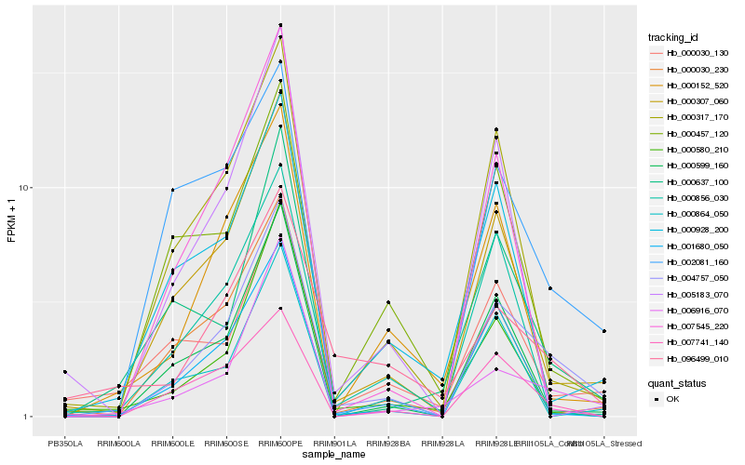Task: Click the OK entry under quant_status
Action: click(x=672, y=398)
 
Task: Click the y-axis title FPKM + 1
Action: click(x=11, y=220)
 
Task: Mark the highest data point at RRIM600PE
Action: click(x=280, y=25)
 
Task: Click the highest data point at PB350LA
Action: click(x=65, y=371)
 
